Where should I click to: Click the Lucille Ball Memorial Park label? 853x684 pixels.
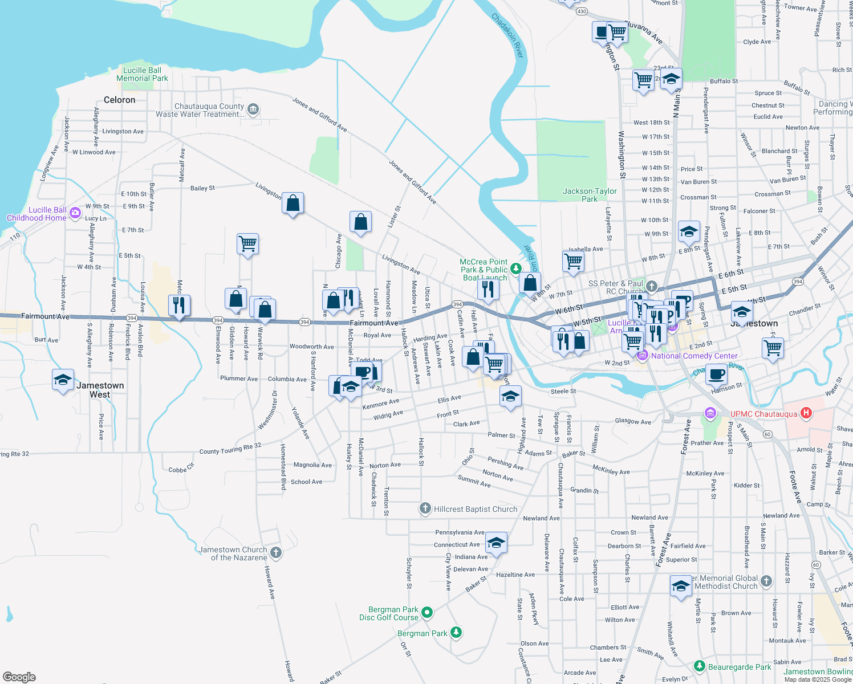[x=142, y=74]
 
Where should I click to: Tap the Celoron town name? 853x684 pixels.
[x=120, y=100]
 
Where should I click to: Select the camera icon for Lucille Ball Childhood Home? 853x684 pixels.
[x=75, y=214]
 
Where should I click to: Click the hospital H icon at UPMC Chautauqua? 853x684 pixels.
[x=806, y=413]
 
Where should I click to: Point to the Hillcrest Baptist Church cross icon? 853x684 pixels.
[x=425, y=508]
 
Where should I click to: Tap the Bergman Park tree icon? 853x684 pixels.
[x=456, y=632]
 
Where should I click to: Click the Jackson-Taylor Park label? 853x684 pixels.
[x=590, y=195]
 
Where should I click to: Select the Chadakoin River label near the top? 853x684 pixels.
[x=507, y=35]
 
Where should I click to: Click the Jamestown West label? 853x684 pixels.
[x=100, y=390]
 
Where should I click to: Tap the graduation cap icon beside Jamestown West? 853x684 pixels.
[x=63, y=380]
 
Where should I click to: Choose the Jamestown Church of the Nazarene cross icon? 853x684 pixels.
[x=276, y=552]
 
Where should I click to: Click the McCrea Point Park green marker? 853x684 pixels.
[x=515, y=267]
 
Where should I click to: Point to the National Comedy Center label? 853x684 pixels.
[x=694, y=356]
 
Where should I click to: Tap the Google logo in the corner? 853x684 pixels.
[x=19, y=677]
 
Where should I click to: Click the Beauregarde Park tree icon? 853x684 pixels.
[x=700, y=666]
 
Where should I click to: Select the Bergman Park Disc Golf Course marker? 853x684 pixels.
[x=426, y=613]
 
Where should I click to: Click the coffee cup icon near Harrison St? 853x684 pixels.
[x=717, y=375]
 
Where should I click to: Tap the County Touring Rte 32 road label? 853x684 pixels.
[x=230, y=449]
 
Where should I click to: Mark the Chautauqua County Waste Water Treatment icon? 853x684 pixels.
[x=254, y=109]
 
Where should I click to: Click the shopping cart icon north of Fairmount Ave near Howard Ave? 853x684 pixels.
[x=247, y=244]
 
